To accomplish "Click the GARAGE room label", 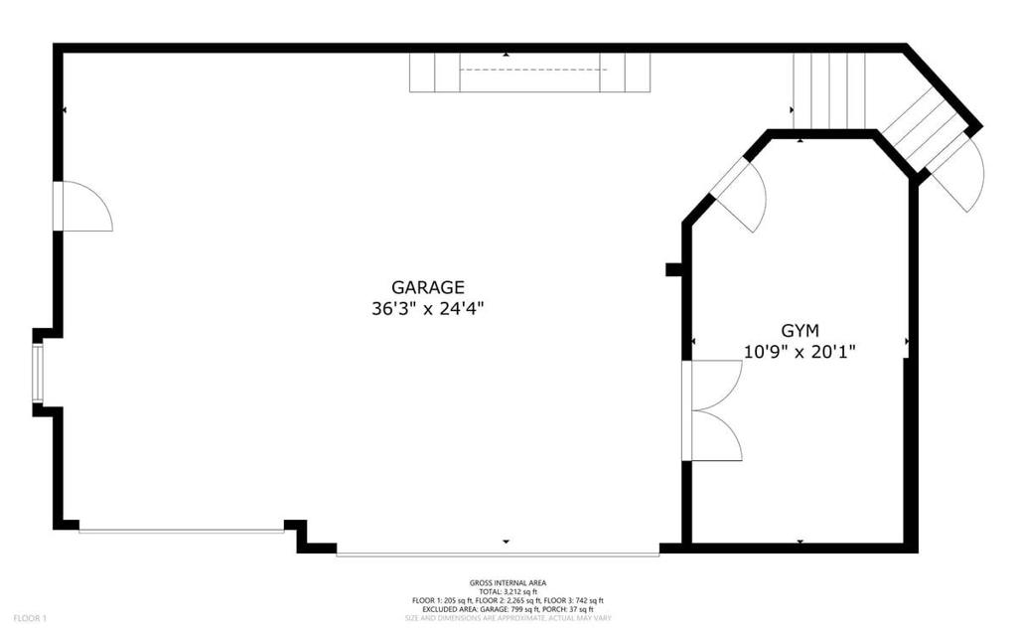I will pos(427,287).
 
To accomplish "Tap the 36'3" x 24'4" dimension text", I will pos(427,308).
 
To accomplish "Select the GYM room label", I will pos(799,330).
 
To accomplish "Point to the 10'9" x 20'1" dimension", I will pos(799,351).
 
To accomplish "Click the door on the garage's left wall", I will pos(83,207).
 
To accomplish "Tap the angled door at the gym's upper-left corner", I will pos(740,193).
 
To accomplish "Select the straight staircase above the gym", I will pos(828,90).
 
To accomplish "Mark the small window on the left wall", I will pos(38,373).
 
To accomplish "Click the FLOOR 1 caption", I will pos(30,618).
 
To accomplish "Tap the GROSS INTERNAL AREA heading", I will pos(508,583).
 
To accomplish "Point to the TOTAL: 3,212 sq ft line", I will pos(508,592).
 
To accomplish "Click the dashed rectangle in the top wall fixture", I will pos(531,71).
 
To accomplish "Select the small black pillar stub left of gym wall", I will pos(673,268).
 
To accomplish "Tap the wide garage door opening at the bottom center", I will pos(498,554).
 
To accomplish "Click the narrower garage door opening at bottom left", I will pos(181,531).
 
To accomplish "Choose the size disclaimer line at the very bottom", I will pos(508,618).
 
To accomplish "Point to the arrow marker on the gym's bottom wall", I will pos(800,542).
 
